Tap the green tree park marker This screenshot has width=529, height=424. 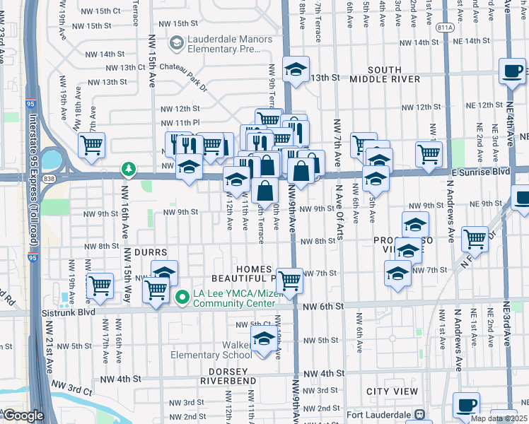pos(128,169)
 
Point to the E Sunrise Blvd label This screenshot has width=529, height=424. pos(480,172)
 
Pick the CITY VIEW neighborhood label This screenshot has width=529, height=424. pos(393,391)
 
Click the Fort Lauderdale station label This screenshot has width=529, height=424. pos(378,414)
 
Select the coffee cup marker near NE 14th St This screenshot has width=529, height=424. pos(513,72)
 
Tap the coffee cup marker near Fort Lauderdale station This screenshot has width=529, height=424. pos(466,406)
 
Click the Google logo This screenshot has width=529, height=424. pos(23,416)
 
